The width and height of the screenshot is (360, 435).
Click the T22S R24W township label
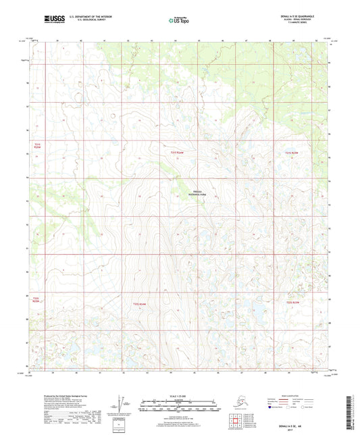139,303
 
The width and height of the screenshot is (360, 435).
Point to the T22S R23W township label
292,303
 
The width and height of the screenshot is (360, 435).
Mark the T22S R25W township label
37,299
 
